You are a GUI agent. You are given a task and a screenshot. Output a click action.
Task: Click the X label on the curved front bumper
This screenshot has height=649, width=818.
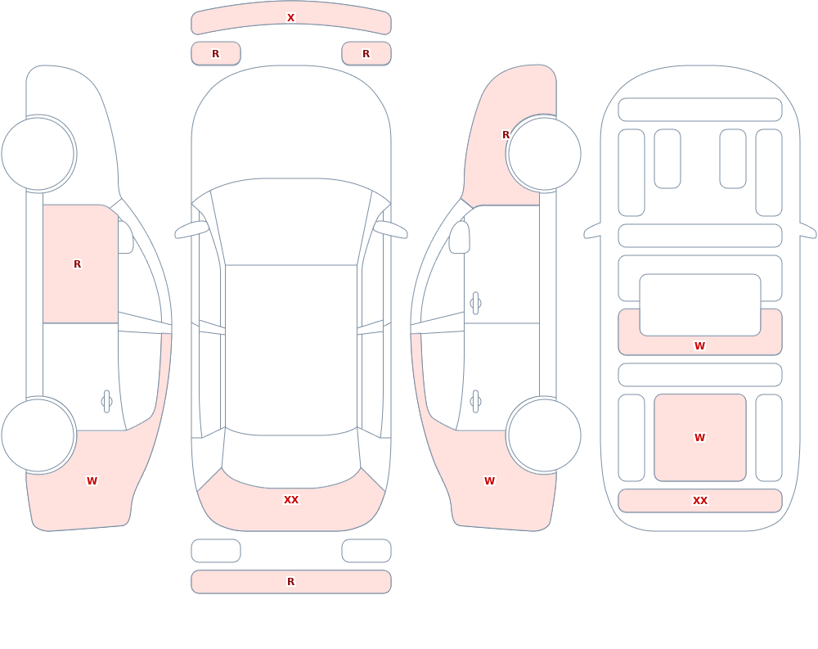pyautogui.click(x=290, y=18)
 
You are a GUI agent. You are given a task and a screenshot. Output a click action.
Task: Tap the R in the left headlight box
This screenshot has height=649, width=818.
pyautogui.click(x=215, y=54)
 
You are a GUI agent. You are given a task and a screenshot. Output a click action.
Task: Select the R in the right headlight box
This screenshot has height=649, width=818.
pyautogui.click(x=366, y=54)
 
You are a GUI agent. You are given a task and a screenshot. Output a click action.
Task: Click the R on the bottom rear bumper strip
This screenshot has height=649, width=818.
pyautogui.click(x=290, y=582)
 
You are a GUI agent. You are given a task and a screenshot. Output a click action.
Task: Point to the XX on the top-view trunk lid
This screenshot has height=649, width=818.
pyautogui.click(x=290, y=500)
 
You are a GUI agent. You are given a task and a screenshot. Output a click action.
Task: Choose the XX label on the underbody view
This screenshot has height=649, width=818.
pyautogui.click(x=699, y=501)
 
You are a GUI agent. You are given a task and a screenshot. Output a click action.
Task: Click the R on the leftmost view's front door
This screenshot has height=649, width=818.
pyautogui.click(x=77, y=264)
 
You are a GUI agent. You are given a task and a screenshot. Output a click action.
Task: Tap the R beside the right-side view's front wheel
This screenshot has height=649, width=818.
pyautogui.click(x=506, y=135)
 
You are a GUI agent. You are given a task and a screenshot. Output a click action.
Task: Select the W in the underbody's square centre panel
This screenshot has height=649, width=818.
pyautogui.click(x=699, y=438)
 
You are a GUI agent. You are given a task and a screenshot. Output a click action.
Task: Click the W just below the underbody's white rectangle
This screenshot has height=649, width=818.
pyautogui.click(x=699, y=345)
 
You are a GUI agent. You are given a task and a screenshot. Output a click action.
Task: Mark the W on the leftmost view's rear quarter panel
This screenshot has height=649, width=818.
pyautogui.click(x=92, y=481)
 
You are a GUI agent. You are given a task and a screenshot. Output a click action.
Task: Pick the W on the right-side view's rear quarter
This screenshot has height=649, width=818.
pyautogui.click(x=489, y=481)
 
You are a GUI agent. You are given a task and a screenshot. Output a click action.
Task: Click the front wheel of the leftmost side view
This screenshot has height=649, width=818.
pyautogui.click(x=38, y=154)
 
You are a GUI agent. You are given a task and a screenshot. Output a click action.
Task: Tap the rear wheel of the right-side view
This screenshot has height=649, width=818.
pyautogui.click(x=544, y=435)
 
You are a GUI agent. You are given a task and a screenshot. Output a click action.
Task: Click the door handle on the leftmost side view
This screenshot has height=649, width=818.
pyautogui.click(x=106, y=402)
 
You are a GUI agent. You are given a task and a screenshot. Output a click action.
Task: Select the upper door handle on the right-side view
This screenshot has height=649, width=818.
pyautogui.click(x=475, y=304)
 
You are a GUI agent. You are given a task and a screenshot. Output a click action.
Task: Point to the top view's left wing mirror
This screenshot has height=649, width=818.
pyautogui.click(x=191, y=230)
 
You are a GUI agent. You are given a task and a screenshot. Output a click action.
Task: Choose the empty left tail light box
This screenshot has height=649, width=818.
pyautogui.click(x=215, y=551)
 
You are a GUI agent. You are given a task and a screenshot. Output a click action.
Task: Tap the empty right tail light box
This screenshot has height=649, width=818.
pyautogui.click(x=366, y=551)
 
